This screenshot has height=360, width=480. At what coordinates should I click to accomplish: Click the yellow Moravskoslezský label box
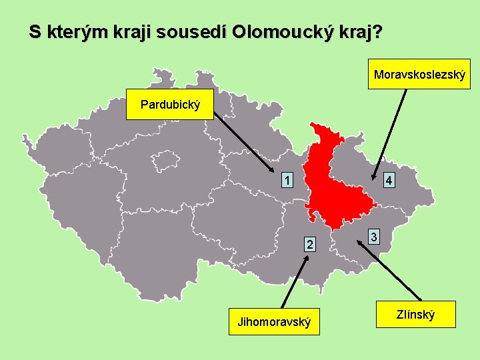(x=420, y=74)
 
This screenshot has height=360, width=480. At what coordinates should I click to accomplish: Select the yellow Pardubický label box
(x=170, y=105)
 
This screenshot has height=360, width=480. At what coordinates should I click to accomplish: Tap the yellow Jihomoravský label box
(x=274, y=323)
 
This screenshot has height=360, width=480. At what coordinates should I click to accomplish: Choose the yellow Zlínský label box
(x=415, y=313)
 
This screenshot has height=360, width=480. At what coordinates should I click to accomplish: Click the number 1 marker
(x=286, y=180)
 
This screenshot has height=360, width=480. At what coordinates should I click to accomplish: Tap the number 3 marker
(x=375, y=237)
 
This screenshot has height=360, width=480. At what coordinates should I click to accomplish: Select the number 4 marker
(x=389, y=181)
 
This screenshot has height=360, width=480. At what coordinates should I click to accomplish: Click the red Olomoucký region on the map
(x=333, y=187)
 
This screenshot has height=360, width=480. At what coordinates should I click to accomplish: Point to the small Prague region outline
(x=161, y=161)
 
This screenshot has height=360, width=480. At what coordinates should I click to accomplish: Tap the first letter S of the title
(x=35, y=32)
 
